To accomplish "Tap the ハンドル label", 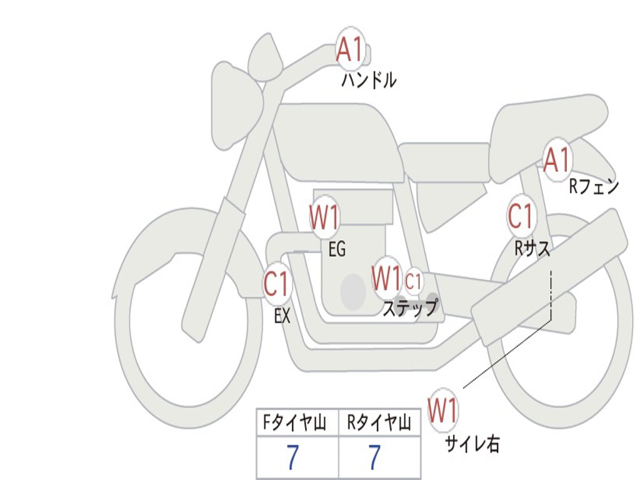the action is tap(369, 80).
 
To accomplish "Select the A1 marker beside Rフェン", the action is tap(556, 159).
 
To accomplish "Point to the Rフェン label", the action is tap(593, 186).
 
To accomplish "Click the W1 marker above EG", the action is tap(324, 218).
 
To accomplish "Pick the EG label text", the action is tap(337, 249).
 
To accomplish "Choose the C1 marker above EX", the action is tap(277, 284).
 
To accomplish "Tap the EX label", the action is tap(282, 316).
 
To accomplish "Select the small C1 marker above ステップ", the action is tap(414, 281).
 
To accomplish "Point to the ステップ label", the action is tap(410, 308).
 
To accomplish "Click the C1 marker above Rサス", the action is tap(520, 216).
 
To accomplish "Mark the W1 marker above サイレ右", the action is tap(442, 411).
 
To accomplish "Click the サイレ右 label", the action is tap(472, 443).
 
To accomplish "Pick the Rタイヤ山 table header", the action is tap(379, 424).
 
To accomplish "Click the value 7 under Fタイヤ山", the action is tap(292, 458).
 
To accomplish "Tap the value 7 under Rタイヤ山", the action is tap(374, 458).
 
